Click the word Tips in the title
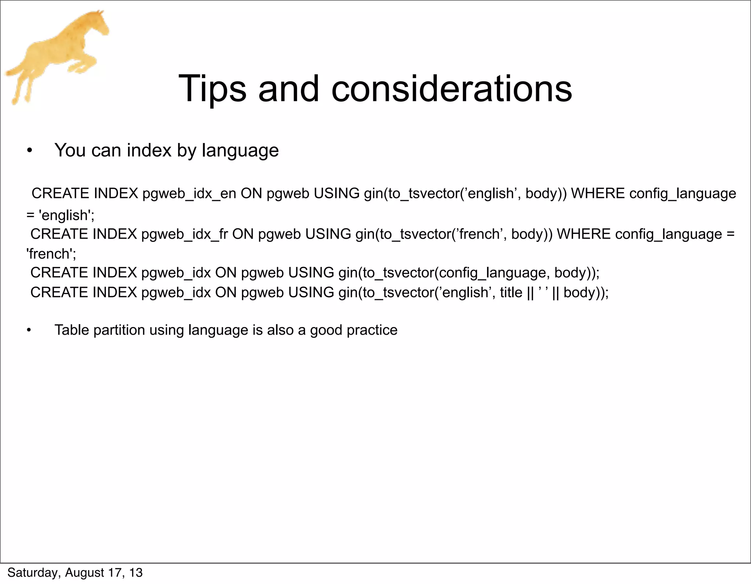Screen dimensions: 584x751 212,89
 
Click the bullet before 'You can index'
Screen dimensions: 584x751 30,151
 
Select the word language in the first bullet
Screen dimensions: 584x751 240,151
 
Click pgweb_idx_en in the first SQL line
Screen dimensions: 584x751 189,194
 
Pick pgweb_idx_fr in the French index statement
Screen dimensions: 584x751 184,234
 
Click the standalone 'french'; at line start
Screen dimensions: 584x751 51,254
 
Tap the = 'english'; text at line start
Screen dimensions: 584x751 61,215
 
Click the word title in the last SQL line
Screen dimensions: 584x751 511,293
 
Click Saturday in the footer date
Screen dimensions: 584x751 32,573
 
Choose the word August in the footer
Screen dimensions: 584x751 85,573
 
